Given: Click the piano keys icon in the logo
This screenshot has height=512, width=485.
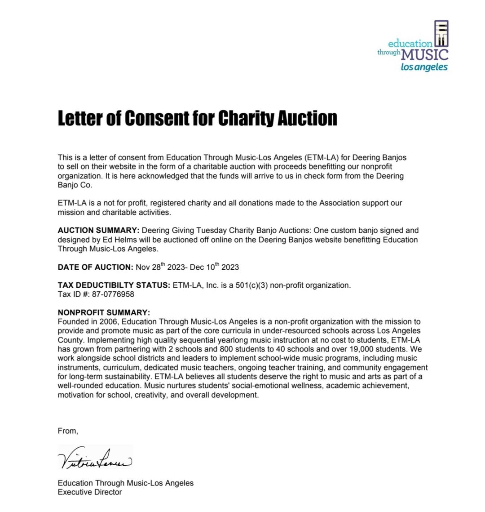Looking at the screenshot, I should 441,34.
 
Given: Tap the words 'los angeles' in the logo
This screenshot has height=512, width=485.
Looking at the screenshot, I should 424,67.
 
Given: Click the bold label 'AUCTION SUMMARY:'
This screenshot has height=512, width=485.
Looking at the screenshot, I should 99,231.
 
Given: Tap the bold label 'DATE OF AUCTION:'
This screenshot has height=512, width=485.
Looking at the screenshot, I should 95,267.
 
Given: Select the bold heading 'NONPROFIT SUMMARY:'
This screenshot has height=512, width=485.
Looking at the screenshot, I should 104,312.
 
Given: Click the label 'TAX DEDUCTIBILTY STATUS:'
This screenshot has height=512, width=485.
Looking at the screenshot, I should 114,285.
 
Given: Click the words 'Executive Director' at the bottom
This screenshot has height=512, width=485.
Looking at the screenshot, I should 90,492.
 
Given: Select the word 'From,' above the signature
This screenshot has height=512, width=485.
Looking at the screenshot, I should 68,431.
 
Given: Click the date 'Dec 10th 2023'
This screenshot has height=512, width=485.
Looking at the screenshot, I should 214,267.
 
